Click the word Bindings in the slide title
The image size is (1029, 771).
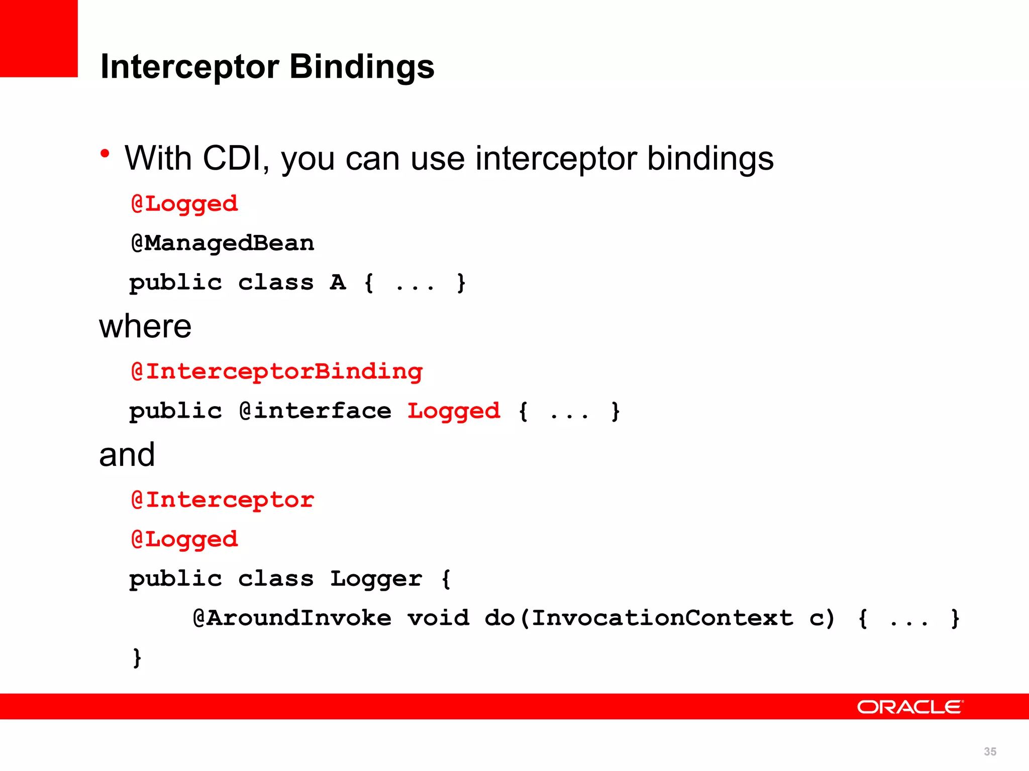coord(362,67)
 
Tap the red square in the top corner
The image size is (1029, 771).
coord(39,39)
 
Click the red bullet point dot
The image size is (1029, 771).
coord(105,153)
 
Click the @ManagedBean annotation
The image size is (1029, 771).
coord(223,243)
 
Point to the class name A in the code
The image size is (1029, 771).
coord(338,283)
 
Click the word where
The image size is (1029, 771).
coord(145,327)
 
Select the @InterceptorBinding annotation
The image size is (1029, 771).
coord(277,372)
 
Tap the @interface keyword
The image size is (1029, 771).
coord(315,411)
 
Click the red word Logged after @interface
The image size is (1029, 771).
coord(454,411)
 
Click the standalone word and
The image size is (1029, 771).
coord(127,455)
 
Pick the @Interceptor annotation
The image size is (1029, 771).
coord(223,500)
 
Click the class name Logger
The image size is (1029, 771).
coord(376,579)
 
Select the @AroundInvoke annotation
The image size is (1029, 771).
coord(292,618)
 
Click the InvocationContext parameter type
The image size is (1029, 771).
coord(662,618)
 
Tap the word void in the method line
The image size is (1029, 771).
coord(438,618)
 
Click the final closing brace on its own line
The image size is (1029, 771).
coord(137,658)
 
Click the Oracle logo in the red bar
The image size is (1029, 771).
coord(909,707)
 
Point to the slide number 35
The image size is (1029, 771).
coord(990,751)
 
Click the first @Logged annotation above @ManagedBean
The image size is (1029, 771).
coord(184,204)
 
